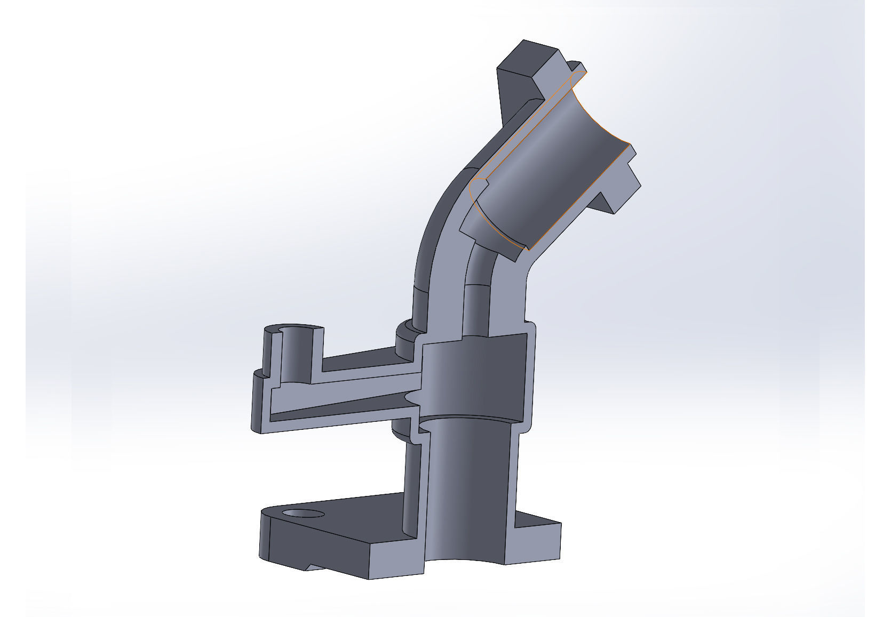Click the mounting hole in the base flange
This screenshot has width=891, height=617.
[304, 514]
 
